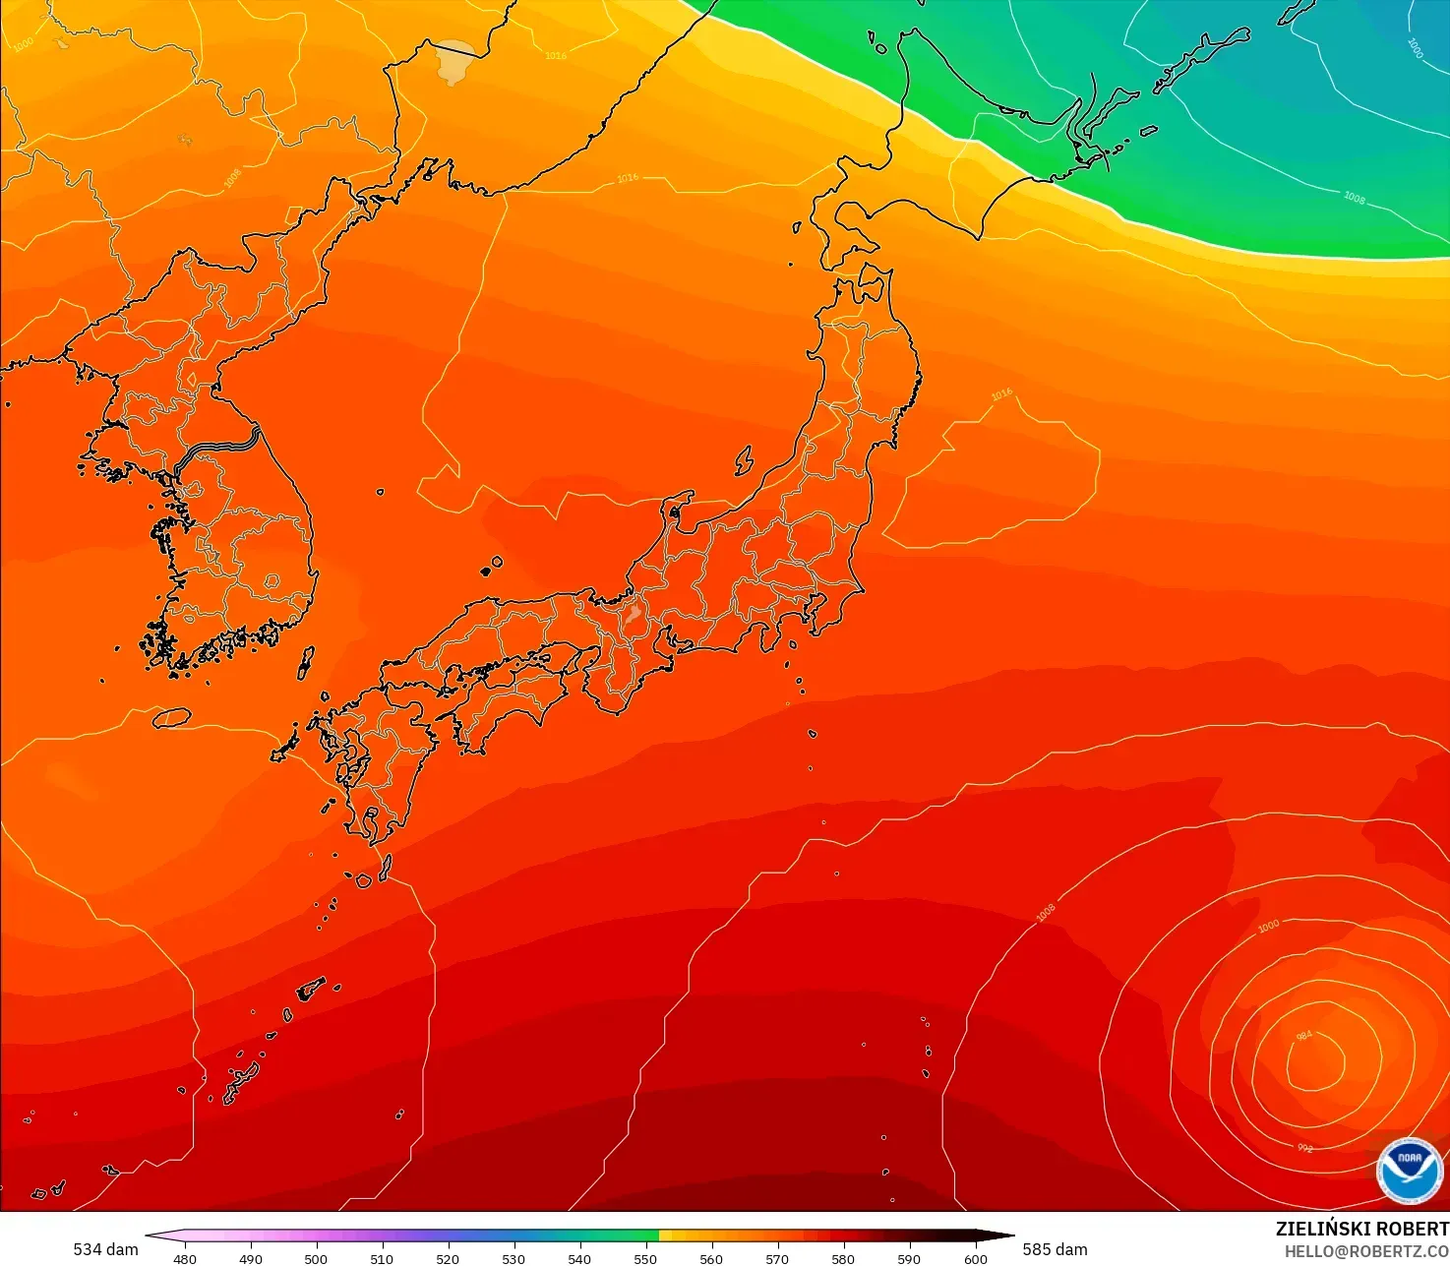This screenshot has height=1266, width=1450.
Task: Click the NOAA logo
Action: [1410, 1170]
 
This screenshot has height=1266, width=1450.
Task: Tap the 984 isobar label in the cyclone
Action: [1304, 1036]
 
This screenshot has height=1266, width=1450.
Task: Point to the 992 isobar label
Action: [1305, 1148]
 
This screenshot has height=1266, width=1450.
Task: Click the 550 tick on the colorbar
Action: [645, 1258]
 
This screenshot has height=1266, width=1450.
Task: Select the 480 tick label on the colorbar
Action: [184, 1258]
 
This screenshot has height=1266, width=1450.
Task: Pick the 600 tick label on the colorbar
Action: [975, 1258]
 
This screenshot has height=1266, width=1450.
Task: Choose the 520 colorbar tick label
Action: [448, 1258]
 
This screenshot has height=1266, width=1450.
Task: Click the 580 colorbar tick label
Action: [843, 1258]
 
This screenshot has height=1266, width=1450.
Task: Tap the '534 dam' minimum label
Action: [105, 1249]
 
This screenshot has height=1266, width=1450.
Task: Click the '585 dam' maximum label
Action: [1055, 1249]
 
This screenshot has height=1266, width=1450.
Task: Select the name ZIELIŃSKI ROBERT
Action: [1361, 1229]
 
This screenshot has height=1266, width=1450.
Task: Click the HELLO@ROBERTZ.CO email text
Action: [1366, 1250]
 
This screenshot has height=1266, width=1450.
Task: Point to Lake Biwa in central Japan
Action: [633, 617]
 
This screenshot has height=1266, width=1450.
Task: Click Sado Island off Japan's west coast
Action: [744, 459]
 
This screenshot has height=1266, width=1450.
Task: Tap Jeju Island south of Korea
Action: [172, 718]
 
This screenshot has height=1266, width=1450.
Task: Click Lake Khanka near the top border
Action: [454, 59]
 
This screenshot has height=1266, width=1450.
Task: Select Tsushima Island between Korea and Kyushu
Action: [306, 663]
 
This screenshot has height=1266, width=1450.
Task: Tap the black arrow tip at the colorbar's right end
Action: [1010, 1236]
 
